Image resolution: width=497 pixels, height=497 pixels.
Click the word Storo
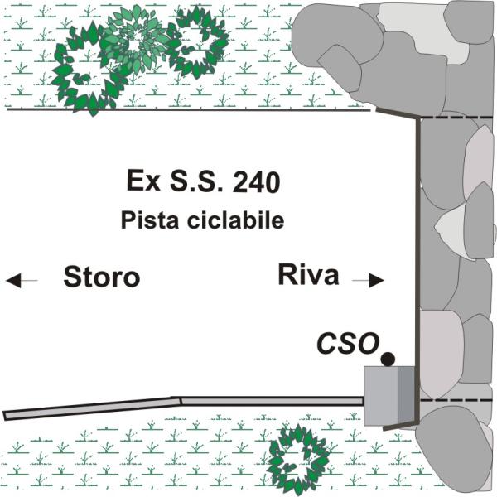point(101,277)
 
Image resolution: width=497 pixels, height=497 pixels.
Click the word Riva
point(309,274)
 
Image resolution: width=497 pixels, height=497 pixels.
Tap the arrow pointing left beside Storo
point(22,282)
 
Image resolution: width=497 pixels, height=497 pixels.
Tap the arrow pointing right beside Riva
point(368,281)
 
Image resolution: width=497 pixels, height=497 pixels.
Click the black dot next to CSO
point(387,359)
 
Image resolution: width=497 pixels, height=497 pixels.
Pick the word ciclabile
point(235,221)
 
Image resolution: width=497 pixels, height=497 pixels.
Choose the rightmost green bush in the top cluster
point(197,41)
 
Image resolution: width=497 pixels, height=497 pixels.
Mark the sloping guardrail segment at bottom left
point(91,407)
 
